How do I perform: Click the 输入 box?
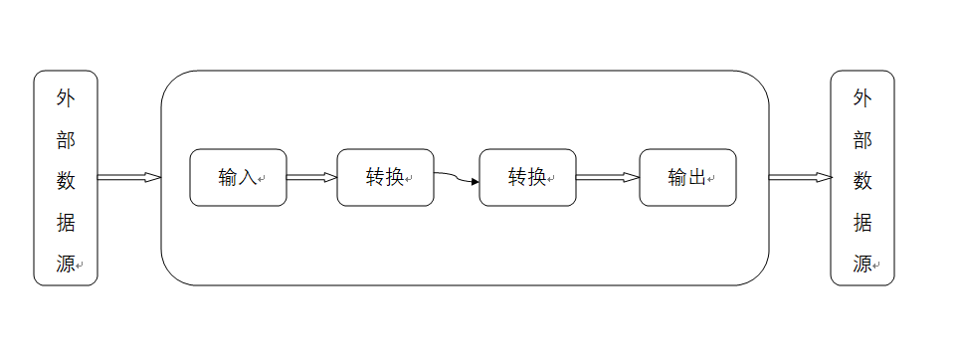[238, 178]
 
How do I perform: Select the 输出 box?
[687, 178]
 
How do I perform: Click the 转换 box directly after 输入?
[385, 178]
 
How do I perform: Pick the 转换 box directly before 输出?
[527, 178]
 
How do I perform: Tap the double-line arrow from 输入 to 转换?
[311, 178]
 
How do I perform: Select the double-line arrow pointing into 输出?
[607, 178]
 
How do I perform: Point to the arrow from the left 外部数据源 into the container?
[128, 178]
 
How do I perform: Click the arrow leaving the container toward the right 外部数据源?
[800, 178]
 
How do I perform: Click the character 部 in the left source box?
[66, 139]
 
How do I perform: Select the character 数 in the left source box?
[66, 181]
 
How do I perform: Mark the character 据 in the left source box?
[66, 223]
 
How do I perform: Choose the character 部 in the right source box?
[862, 139]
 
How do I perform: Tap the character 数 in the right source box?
[862, 181]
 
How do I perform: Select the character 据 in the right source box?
[862, 223]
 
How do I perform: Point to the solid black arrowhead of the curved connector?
[475, 182]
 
